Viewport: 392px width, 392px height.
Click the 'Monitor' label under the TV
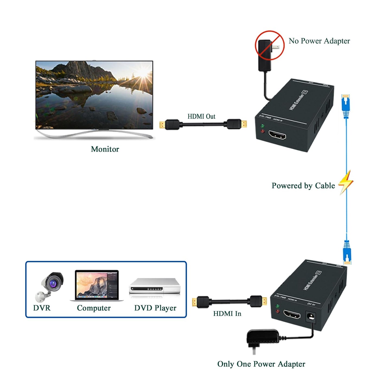pyautogui.click(x=105, y=149)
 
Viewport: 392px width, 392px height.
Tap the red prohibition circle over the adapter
pyautogui.click(x=269, y=45)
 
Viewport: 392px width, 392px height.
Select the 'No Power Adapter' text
pyautogui.click(x=319, y=41)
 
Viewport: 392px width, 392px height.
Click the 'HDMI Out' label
pyautogui.click(x=201, y=116)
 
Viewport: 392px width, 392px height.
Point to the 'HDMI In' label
pyautogui.click(x=227, y=314)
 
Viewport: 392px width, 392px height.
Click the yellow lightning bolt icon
pyautogui.click(x=346, y=182)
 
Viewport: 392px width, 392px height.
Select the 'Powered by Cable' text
pyautogui.click(x=303, y=186)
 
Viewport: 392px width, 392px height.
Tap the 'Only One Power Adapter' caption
pyautogui.click(x=261, y=364)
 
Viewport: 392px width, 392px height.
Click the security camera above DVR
pyautogui.click(x=50, y=286)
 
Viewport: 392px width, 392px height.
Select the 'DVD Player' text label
pyautogui.click(x=155, y=308)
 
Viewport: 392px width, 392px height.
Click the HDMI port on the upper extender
pyautogui.click(x=277, y=135)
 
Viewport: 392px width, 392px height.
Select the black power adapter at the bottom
pyautogui.click(x=262, y=338)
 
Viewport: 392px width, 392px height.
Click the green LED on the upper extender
pyautogui.click(x=262, y=126)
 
